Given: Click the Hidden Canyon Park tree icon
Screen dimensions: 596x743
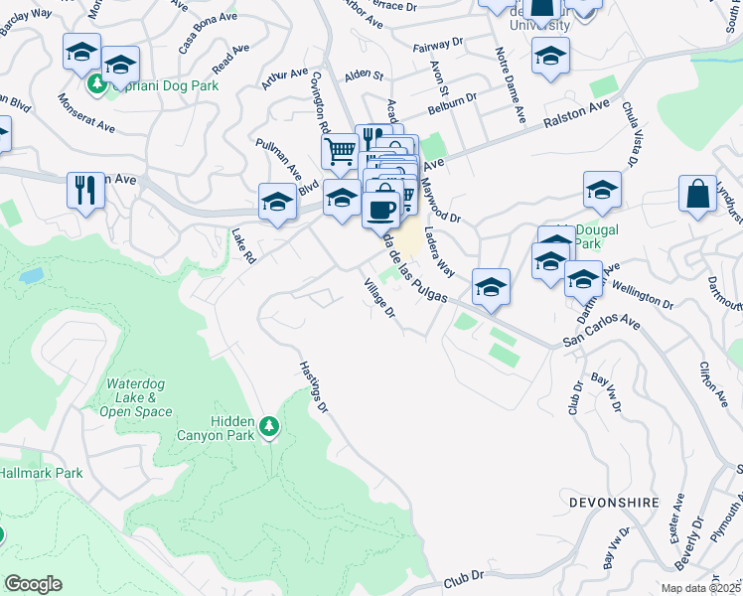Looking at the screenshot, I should point(268,427).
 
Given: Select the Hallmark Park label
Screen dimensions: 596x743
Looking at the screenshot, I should point(42,473).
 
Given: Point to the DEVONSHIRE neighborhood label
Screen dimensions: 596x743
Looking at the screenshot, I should point(614,503).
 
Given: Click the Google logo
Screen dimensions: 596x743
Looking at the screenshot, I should point(33,584).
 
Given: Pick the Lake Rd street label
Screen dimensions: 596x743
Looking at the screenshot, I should point(244,247).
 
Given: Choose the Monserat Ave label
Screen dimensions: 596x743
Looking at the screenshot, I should point(86,114).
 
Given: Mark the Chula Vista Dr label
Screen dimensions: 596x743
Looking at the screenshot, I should point(630,134).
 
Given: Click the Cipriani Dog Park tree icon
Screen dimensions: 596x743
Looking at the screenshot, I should point(97,83).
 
